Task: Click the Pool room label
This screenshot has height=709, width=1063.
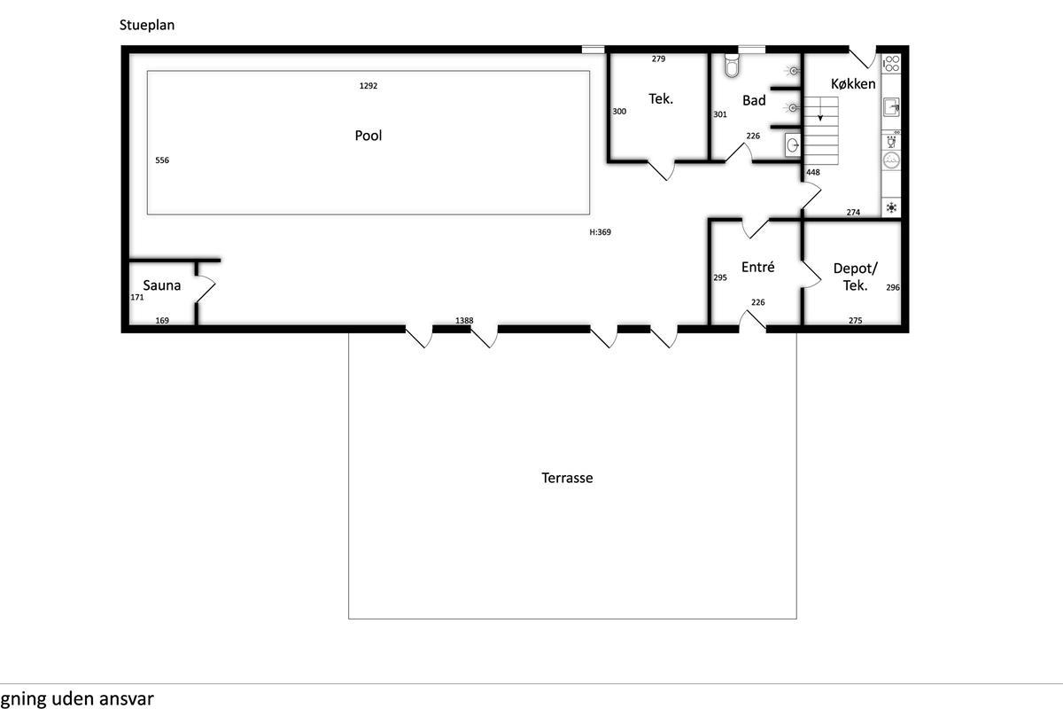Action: point(369,136)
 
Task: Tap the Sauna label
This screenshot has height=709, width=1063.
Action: point(162,285)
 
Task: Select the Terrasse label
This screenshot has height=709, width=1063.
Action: point(567,478)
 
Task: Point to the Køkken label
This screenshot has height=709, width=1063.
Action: point(853,84)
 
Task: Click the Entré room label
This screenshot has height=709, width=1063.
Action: point(758,267)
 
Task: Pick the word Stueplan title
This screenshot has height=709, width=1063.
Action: point(147,25)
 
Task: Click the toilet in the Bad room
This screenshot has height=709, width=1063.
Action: point(733,65)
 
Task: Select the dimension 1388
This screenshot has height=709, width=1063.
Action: point(464,321)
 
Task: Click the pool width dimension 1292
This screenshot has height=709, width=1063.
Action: point(369,86)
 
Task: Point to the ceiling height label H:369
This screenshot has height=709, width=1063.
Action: point(601,232)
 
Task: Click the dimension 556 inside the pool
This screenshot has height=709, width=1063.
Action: point(162,160)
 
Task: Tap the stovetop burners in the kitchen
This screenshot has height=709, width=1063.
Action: point(891,64)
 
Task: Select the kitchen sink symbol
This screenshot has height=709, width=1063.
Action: point(891,107)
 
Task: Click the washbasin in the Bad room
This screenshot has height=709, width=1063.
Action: point(792,145)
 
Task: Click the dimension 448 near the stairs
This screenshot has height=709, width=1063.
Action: point(813,173)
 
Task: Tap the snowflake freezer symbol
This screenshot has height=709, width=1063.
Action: point(892,207)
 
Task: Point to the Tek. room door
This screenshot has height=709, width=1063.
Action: point(662,171)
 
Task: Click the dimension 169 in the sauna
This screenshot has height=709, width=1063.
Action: point(162,321)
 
